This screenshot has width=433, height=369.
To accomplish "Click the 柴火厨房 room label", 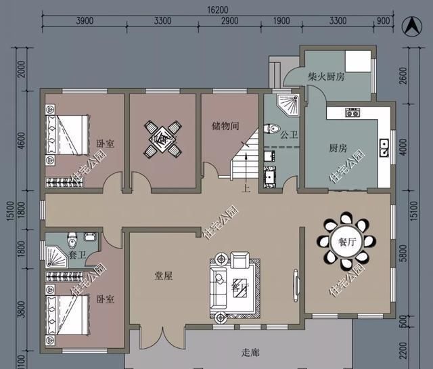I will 325,77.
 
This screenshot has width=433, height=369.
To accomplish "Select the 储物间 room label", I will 225,125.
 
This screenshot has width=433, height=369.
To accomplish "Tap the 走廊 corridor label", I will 251,353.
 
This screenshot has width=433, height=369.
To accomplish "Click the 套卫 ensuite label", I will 77,255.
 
